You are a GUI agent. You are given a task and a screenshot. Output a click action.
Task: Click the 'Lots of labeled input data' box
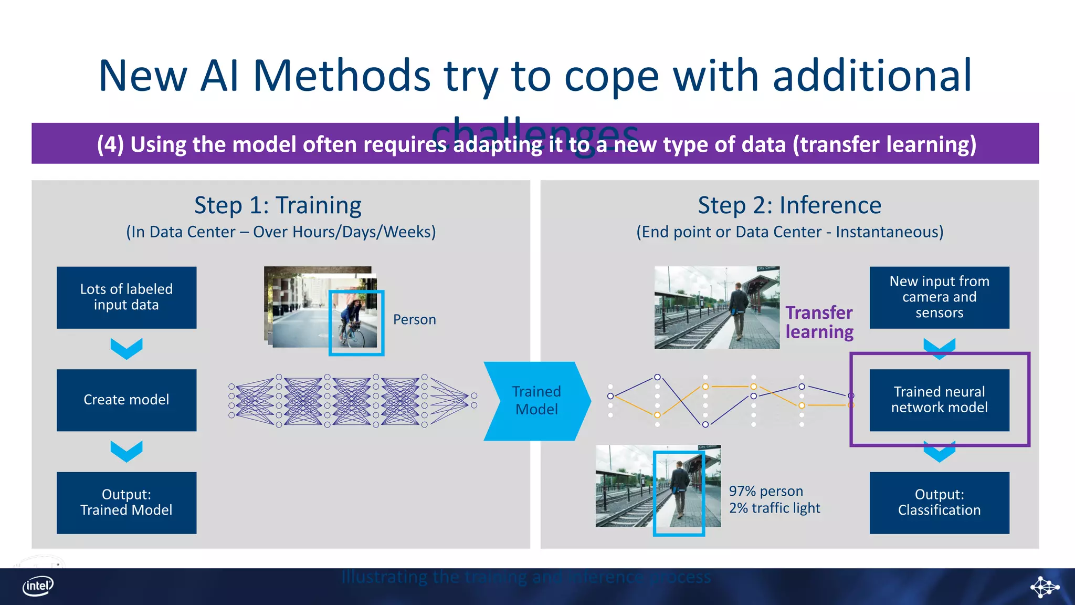pos(127,297)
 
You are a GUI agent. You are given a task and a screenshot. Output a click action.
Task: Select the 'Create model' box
pos(127,400)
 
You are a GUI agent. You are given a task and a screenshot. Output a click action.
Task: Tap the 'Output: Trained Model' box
pos(127,502)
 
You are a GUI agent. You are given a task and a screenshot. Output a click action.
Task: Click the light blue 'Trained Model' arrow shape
pos(536,401)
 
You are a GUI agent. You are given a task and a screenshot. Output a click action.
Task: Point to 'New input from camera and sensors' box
pos(939,297)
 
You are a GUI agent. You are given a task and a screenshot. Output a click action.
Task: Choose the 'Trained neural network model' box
pos(939,400)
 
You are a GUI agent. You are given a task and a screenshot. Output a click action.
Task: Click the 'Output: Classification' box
pos(939,502)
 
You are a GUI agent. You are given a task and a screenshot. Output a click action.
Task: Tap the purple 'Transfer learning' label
pos(819,322)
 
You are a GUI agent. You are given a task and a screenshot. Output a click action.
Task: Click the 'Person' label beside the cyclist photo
pos(414,319)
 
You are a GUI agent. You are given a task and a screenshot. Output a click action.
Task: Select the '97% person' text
pos(766,491)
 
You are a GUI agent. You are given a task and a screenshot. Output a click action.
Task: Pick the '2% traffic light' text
pos(774,508)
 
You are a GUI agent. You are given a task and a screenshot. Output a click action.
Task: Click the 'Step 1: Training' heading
pos(278,205)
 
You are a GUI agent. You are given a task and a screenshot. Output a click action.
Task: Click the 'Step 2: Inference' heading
pos(789,205)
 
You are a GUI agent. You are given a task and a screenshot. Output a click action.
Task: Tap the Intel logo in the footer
pos(38,586)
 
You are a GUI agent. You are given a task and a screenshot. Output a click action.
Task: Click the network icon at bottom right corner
pos(1044,587)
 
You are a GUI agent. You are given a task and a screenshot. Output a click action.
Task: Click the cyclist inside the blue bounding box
pos(352,321)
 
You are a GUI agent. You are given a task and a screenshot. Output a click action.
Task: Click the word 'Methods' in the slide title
pos(342,76)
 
